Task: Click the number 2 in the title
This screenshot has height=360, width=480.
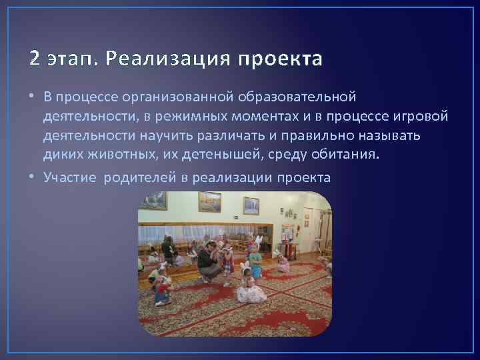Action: [x=35, y=59]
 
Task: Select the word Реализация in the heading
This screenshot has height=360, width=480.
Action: [x=155, y=59]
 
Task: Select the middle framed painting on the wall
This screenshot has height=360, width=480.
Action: [x=209, y=201]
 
